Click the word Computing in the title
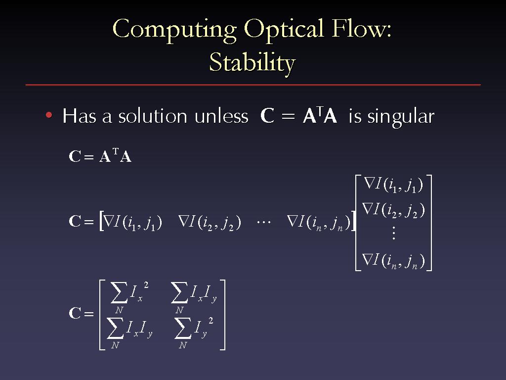click(x=174, y=30)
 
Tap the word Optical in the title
click(x=284, y=30)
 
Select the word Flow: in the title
click(x=361, y=28)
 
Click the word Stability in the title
click(x=253, y=63)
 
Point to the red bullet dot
click(x=49, y=115)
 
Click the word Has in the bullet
click(x=79, y=116)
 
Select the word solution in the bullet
click(x=153, y=116)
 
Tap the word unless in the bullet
click(x=221, y=116)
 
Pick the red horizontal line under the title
click(x=253, y=85)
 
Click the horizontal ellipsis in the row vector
click(x=264, y=222)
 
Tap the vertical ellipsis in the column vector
click(x=393, y=233)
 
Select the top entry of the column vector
click(x=393, y=185)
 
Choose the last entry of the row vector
click(x=319, y=223)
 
